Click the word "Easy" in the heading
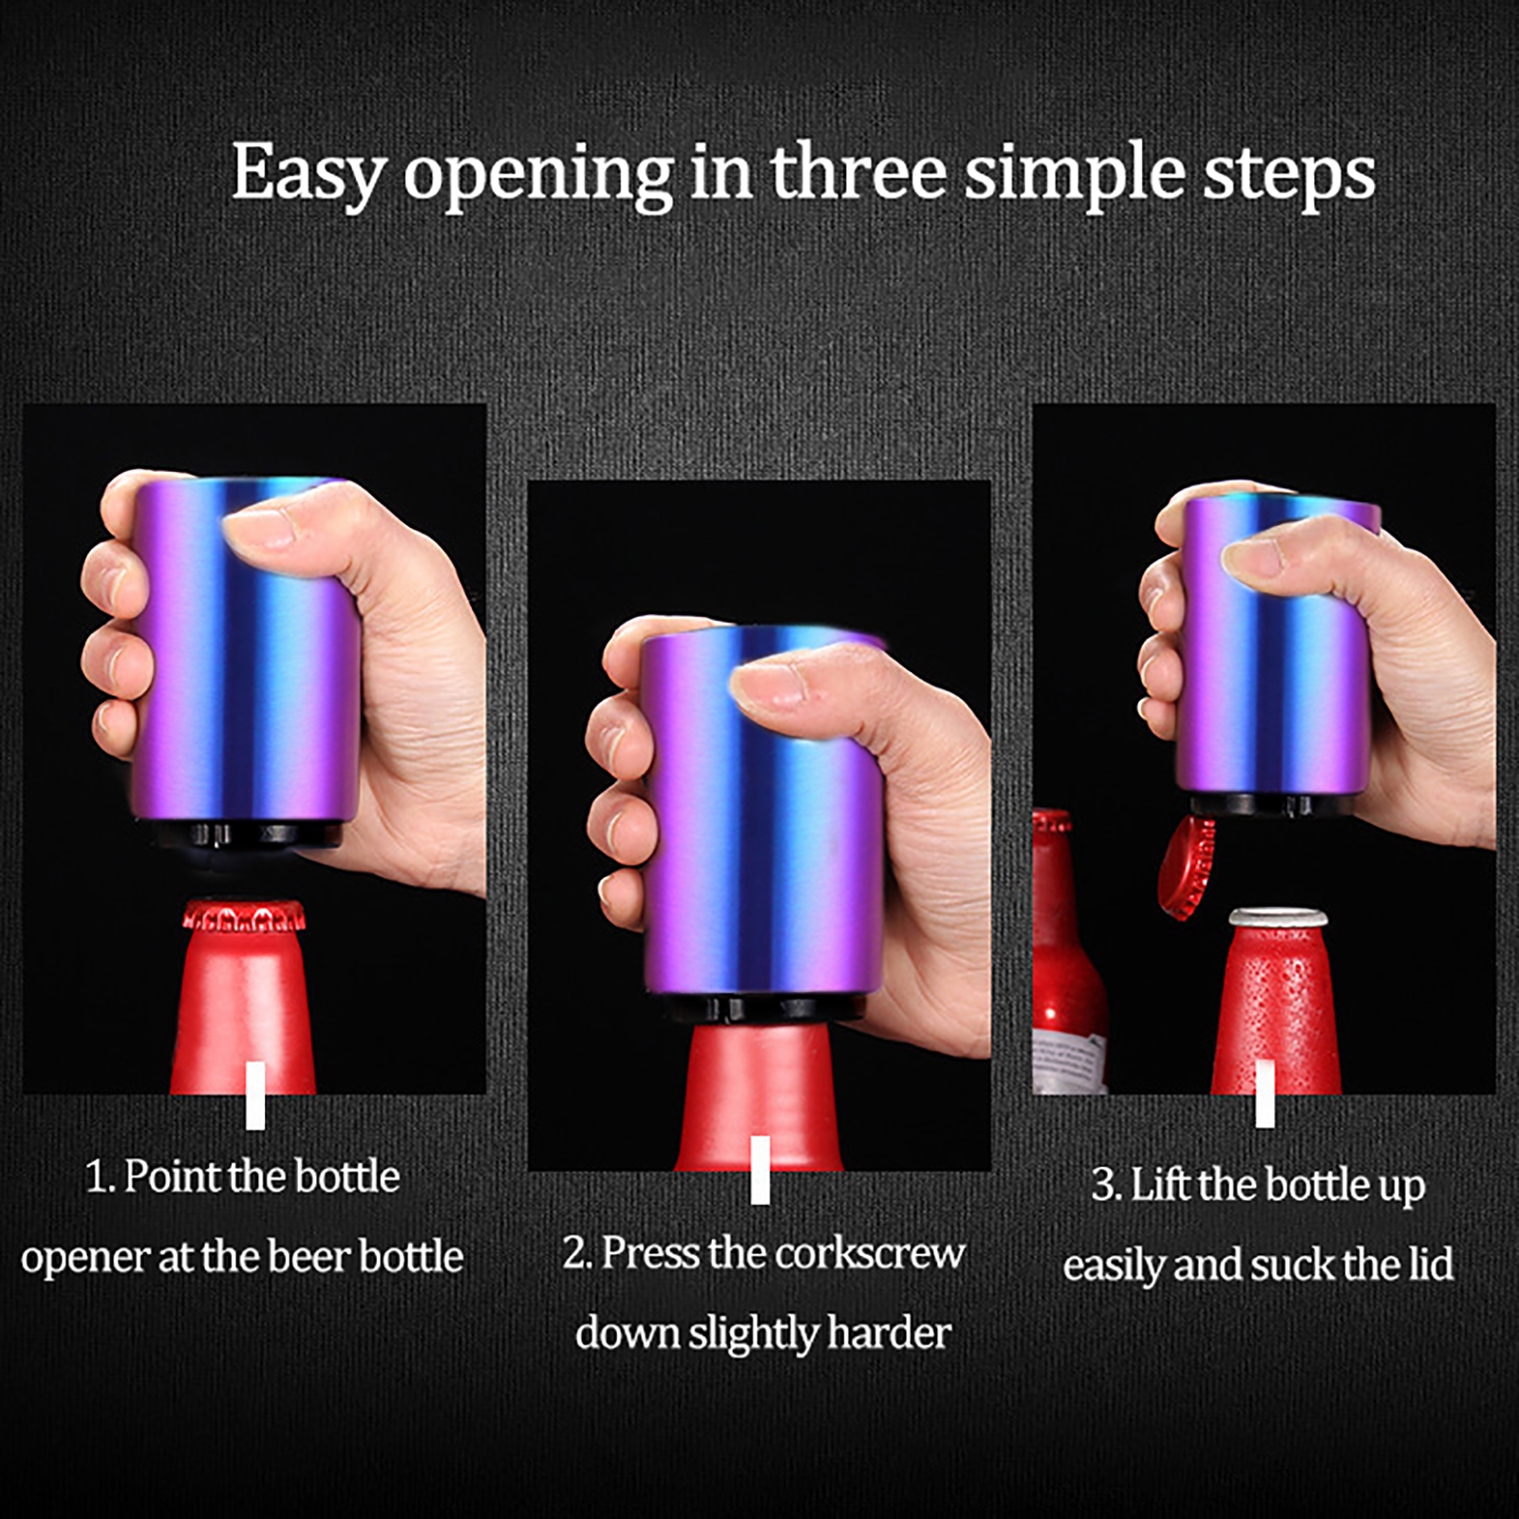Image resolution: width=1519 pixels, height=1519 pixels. pos(309,175)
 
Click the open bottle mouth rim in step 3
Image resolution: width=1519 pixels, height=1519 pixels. pos(1279,918)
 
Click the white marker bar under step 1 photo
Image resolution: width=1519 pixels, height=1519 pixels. pos(255,1096)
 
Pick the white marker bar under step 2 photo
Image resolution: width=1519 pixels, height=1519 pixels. pos(759,1170)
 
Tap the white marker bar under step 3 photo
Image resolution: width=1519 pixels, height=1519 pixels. pos(1265,1094)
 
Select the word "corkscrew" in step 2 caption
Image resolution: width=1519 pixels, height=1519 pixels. pos(871,1253)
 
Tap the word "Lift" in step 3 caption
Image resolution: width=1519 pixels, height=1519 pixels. pos(1160,1184)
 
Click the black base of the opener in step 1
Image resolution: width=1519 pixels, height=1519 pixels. pos(250,835)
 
